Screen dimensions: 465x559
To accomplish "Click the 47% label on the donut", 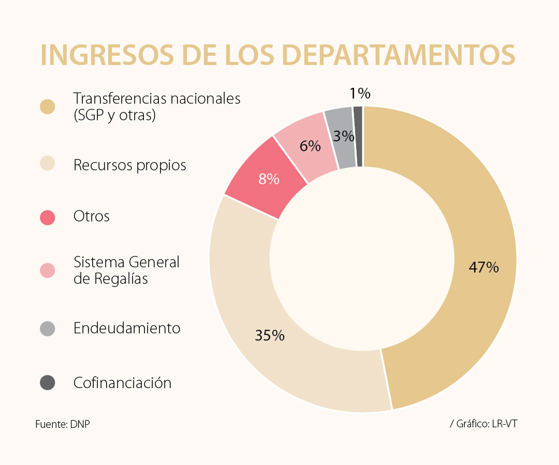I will [x=483, y=268].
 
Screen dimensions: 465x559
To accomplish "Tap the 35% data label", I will [x=270, y=335].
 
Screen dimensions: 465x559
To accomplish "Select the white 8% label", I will [x=269, y=179].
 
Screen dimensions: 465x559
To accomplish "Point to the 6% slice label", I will [x=310, y=146].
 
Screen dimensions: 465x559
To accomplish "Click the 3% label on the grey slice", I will [x=344, y=136].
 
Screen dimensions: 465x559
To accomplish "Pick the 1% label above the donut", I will [x=360, y=94].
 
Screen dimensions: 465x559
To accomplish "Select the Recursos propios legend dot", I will [x=48, y=165].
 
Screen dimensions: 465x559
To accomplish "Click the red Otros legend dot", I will [x=48, y=217].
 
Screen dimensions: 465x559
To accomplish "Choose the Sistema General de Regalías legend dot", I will [x=48, y=270].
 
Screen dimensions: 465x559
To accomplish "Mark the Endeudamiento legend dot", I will [x=48, y=329].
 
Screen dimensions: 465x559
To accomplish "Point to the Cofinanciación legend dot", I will [x=48, y=383].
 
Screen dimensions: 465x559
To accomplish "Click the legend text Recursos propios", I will [x=129, y=165].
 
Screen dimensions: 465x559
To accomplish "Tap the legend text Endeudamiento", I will [x=127, y=328].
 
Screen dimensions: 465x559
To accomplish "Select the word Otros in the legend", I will [x=92, y=216].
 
